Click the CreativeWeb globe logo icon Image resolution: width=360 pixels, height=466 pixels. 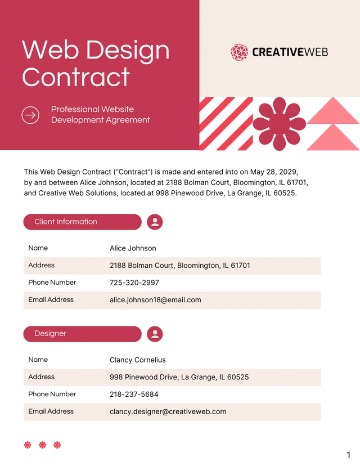(x=239, y=52)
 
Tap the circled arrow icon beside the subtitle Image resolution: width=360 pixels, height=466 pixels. (x=30, y=115)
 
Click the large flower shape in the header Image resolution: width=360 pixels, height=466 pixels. (x=280, y=124)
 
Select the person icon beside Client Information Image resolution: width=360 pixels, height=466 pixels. (x=155, y=222)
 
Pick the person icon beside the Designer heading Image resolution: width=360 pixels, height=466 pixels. (x=155, y=334)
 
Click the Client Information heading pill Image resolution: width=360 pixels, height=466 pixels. (x=82, y=222)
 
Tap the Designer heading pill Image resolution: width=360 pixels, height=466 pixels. (x=82, y=334)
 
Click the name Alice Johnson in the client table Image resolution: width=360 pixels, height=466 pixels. (x=133, y=248)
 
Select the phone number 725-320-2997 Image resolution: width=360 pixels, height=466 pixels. (x=134, y=283)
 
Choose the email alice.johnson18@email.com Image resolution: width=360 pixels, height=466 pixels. (x=155, y=300)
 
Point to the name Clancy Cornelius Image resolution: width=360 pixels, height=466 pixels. (x=138, y=360)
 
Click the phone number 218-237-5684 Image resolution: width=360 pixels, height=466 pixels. (x=134, y=395)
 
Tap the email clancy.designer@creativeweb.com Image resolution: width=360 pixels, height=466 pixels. (x=168, y=411)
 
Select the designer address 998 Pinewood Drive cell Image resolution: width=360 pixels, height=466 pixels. (x=179, y=377)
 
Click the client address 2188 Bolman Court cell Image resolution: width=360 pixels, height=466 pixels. (x=180, y=265)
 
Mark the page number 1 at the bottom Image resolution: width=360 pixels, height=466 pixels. (x=348, y=455)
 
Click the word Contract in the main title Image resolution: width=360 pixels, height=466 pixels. (x=76, y=77)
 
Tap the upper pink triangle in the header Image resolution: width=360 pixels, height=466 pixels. (x=333, y=111)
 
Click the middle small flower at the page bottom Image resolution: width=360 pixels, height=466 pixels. (x=42, y=445)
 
